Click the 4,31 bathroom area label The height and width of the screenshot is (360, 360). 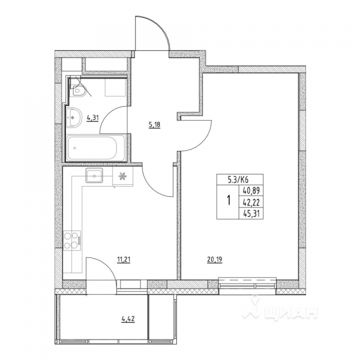click(92, 118)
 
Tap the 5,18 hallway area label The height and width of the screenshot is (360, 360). click(155, 125)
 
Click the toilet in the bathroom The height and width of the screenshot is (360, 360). click(80, 90)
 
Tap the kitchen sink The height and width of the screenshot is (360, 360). click(95, 175)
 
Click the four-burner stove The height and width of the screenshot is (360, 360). click(73, 240)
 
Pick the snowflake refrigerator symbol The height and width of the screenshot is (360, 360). click(124, 176)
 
